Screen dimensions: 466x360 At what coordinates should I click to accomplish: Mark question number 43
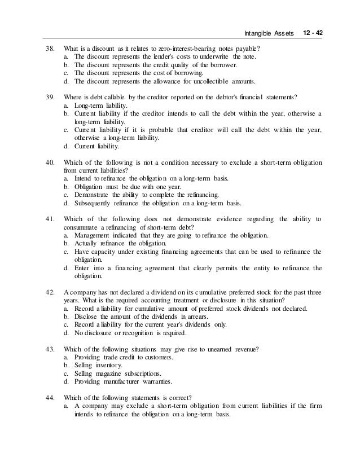49,348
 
